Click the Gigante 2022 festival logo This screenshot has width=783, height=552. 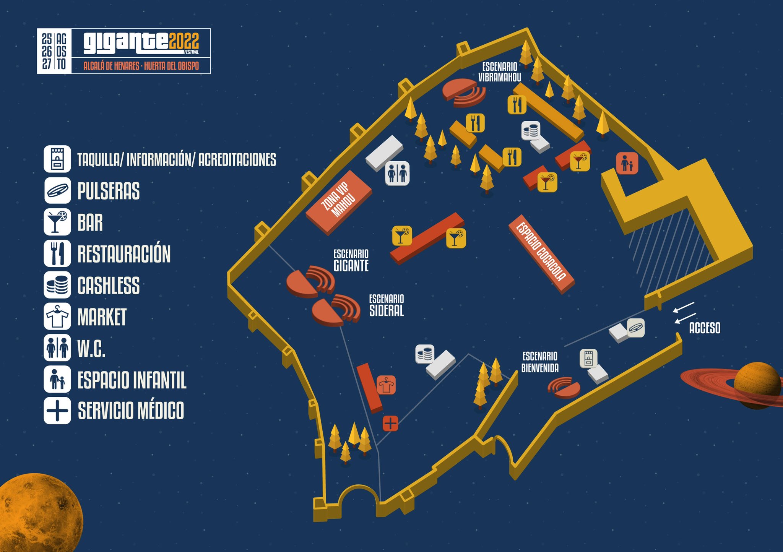124,51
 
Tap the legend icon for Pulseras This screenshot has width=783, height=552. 57,190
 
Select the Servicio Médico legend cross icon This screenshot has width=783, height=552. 57,411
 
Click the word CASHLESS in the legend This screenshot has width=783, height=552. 109,286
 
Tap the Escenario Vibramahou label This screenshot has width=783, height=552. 500,72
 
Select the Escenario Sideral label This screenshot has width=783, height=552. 387,305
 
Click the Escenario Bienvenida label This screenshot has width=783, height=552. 540,362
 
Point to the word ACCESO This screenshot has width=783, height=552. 705,328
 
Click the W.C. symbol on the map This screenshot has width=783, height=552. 397,174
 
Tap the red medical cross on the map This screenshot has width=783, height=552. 390,423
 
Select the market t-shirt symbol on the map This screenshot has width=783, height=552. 386,385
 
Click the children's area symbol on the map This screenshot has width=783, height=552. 627,163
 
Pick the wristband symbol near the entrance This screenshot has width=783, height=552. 636,328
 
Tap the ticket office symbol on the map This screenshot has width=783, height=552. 588,359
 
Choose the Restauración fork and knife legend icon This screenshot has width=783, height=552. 57,253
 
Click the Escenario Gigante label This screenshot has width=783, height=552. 351,260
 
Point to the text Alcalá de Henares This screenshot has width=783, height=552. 111,66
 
